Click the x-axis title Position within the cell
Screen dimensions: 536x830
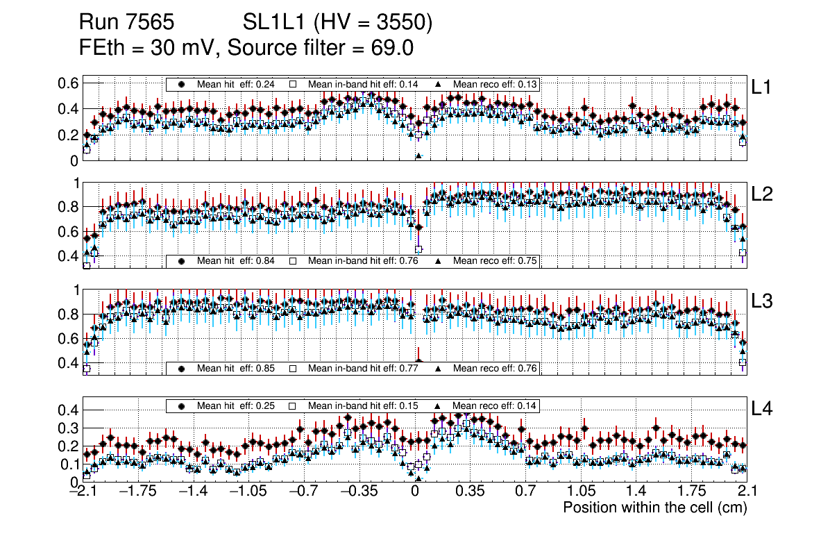[654, 508]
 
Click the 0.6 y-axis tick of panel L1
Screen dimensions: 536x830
[67, 83]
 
